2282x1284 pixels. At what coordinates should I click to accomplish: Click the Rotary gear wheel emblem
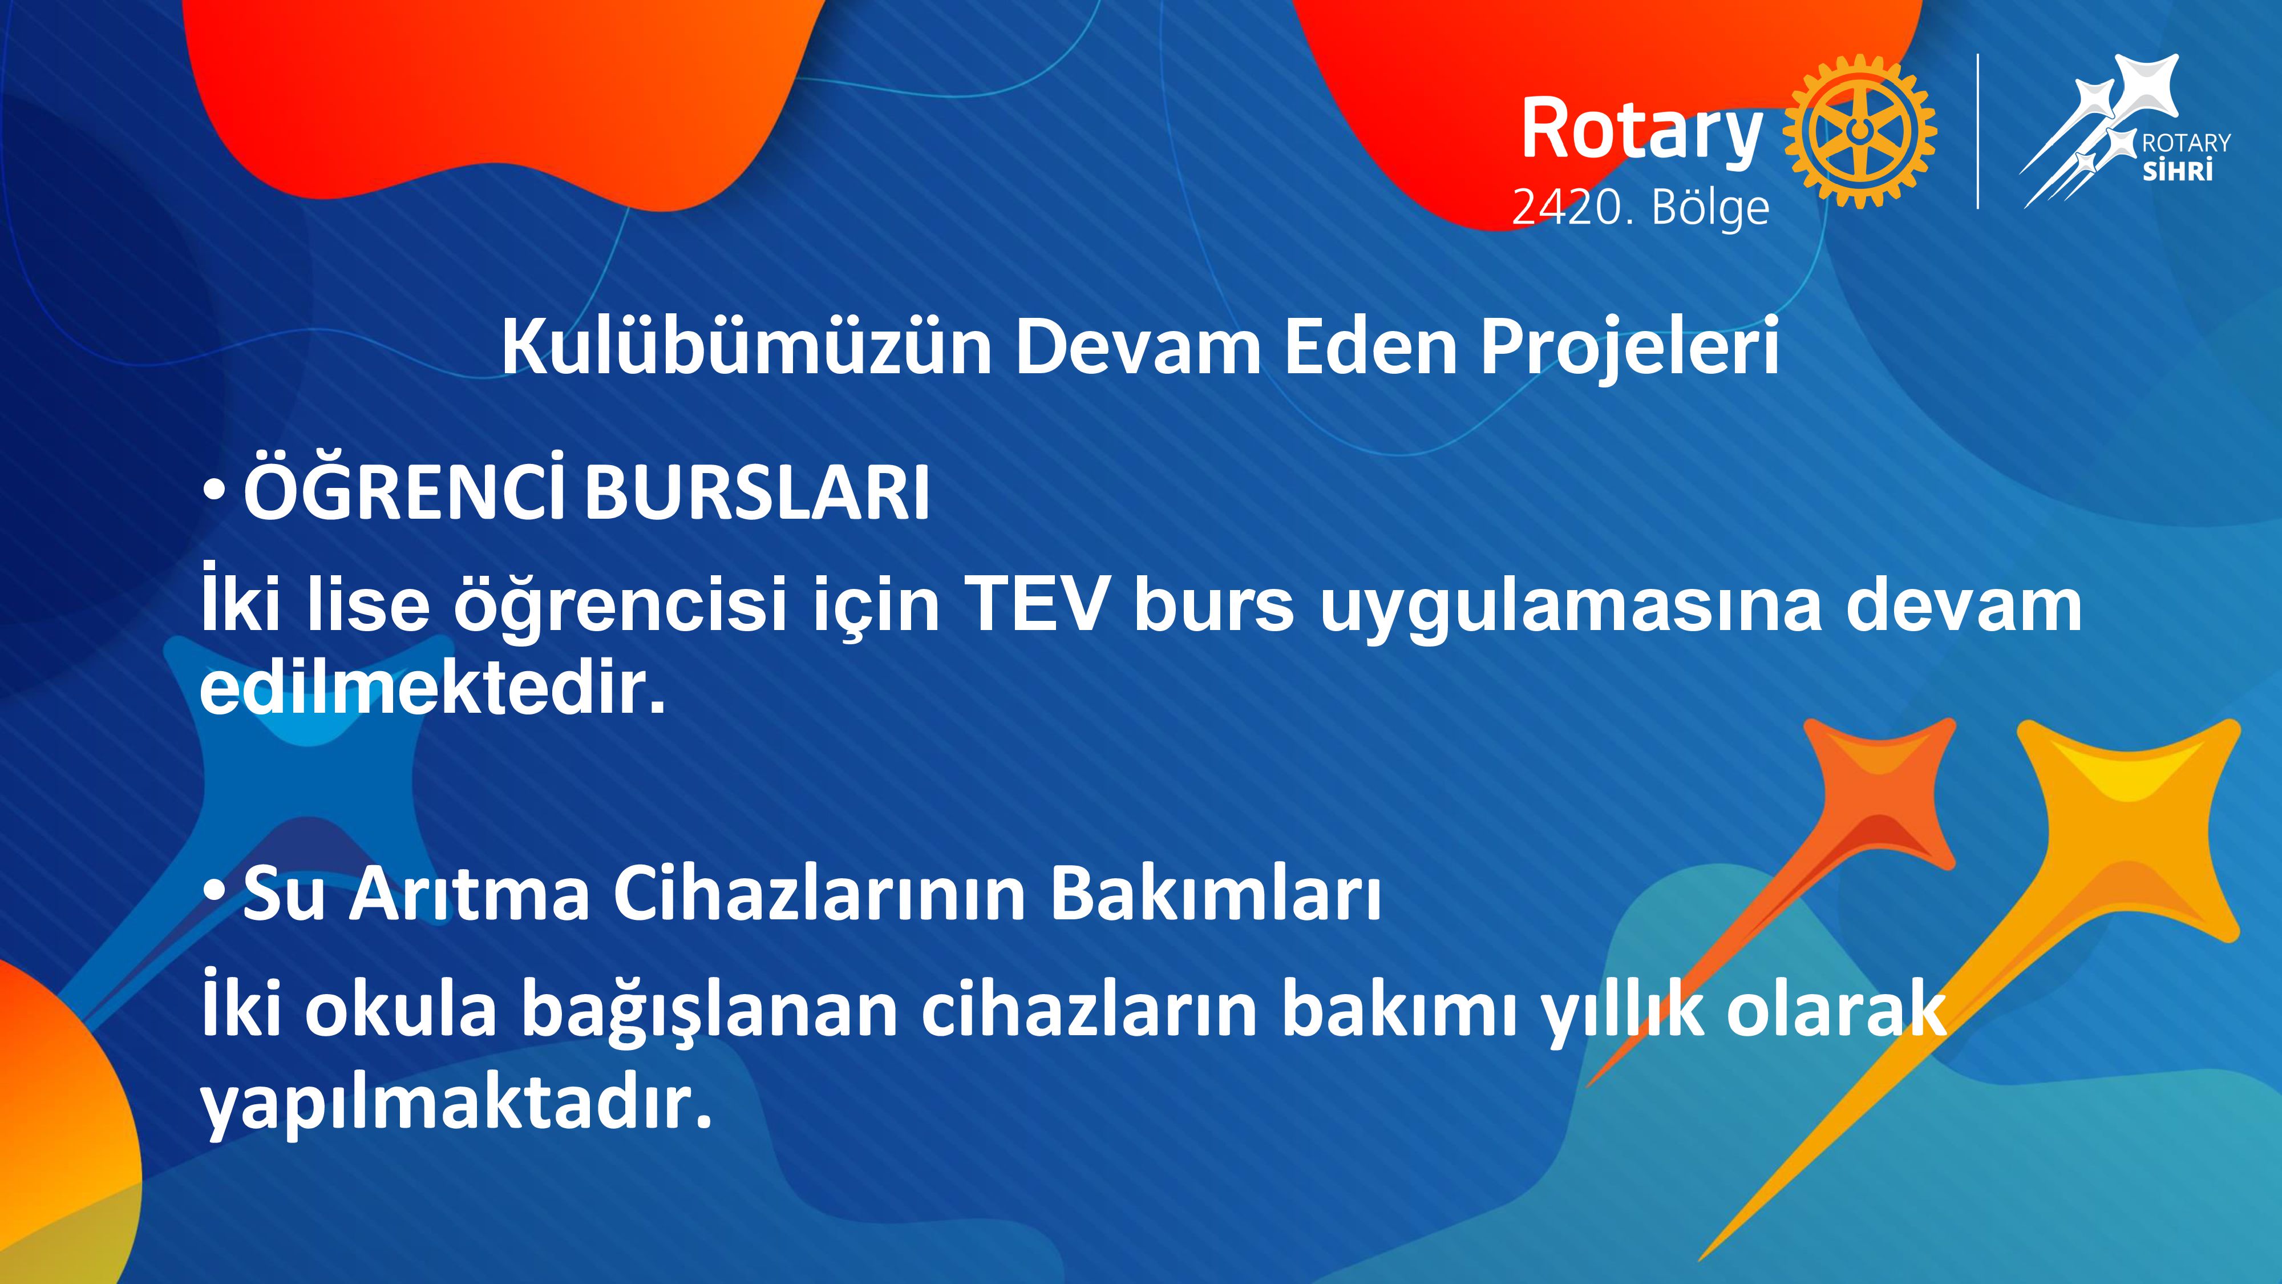click(1859, 131)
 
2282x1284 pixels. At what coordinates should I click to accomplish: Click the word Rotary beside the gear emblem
click(1641, 131)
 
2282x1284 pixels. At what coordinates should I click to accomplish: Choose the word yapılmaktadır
click(456, 1107)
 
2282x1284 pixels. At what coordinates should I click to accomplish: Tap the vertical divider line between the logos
click(1978, 131)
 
